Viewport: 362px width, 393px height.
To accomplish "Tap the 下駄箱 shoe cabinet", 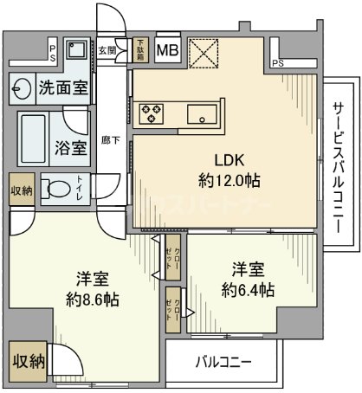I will (141, 50).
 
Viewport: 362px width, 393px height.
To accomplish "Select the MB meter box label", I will (168, 50).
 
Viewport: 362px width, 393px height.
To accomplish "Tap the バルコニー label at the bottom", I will (223, 361).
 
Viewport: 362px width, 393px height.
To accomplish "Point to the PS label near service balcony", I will (277, 63).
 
